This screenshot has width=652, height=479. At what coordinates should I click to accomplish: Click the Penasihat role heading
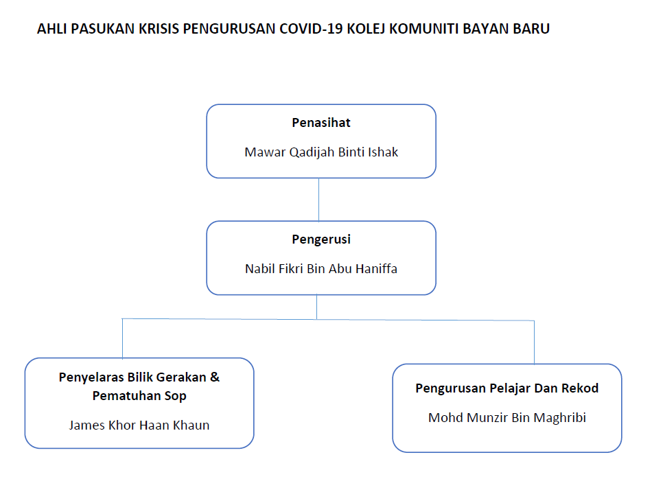(321, 123)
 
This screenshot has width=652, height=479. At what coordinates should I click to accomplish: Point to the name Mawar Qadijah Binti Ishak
(321, 152)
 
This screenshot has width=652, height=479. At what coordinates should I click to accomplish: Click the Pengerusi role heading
(321, 239)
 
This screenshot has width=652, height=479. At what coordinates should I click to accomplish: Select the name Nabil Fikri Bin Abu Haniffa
(321, 268)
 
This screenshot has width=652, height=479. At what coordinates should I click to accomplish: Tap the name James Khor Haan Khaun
(139, 425)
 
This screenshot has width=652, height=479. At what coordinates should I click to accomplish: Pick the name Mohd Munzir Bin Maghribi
(507, 417)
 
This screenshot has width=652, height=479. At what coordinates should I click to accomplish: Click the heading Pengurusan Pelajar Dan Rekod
(507, 388)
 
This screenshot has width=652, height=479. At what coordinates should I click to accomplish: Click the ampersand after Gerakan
(215, 377)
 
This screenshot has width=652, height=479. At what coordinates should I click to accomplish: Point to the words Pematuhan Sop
(139, 396)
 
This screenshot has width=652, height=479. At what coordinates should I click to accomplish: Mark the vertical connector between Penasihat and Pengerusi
(318, 200)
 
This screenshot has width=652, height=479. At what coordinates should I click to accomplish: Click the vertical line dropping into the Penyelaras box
(122, 338)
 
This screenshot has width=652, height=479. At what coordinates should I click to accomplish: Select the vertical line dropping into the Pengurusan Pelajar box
(534, 342)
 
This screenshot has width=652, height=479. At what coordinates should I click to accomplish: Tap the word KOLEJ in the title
(366, 29)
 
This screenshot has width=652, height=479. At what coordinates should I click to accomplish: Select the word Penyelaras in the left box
(91, 377)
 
